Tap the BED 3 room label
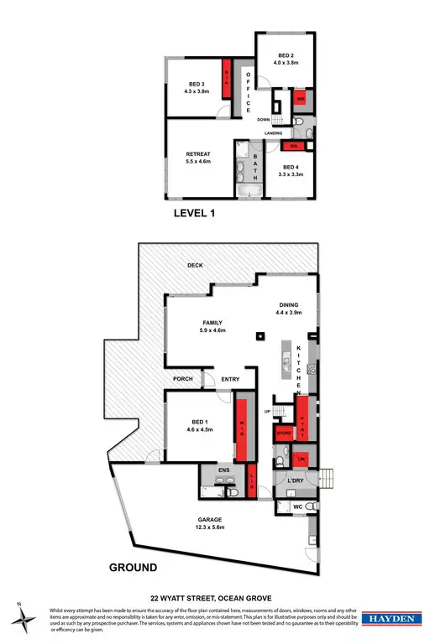point(197,84)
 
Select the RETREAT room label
point(197,153)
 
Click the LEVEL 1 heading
point(194,214)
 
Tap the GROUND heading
point(133,568)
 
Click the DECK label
point(196,265)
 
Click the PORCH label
point(183,379)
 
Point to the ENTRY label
point(230,379)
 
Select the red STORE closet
point(284,434)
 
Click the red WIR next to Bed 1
point(242,427)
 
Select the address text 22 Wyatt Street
point(214,598)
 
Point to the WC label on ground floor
point(296,507)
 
